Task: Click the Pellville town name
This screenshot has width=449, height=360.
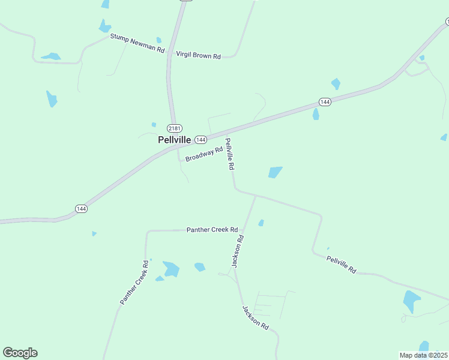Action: tap(174, 139)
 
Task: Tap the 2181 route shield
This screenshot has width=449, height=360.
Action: tap(175, 128)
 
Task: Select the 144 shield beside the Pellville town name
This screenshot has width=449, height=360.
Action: tap(200, 139)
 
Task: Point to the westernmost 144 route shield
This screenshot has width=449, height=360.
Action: tap(81, 208)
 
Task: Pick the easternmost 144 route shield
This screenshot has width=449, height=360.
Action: tap(325, 102)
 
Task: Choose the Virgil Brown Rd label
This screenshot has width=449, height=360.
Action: tap(198, 55)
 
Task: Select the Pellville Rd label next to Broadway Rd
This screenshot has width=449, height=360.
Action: tap(229, 154)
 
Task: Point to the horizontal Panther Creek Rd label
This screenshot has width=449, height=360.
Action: tap(212, 229)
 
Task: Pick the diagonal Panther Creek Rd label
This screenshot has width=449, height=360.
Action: tap(134, 282)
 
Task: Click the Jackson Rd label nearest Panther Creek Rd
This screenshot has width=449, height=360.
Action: tap(238, 251)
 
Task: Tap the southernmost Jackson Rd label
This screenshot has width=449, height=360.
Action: tap(255, 316)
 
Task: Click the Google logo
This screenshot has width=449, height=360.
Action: tap(20, 353)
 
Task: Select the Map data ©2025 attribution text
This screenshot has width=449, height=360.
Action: tap(424, 355)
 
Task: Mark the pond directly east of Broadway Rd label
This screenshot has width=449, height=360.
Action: tap(275, 172)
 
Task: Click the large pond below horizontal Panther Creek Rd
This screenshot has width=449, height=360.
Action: tap(171, 269)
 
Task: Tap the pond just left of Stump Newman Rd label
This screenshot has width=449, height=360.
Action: tap(105, 26)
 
